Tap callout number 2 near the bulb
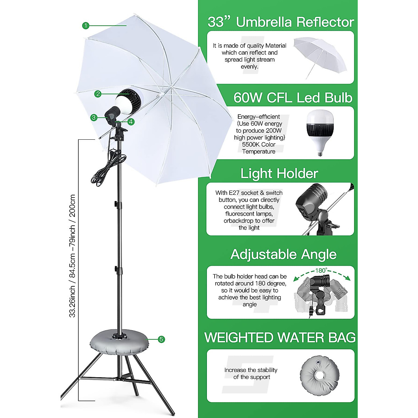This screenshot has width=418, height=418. (98, 94)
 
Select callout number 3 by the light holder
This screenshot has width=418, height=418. (93, 118)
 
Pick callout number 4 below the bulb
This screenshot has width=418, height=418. (131, 122)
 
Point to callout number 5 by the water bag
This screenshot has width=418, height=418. (161, 339)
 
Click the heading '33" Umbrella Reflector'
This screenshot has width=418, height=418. (281, 22)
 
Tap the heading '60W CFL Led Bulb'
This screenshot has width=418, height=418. (293, 98)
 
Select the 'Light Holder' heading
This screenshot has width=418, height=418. (279, 173)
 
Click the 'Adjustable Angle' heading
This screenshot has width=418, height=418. (284, 254)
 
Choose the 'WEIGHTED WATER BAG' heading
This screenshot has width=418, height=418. (280, 338)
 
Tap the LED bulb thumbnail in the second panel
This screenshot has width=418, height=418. (319, 133)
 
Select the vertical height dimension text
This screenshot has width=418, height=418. (72, 256)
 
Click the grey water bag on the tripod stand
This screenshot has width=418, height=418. (119, 342)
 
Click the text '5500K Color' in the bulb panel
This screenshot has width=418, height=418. (258, 145)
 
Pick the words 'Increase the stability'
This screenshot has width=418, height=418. (251, 370)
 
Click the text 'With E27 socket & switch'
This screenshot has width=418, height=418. (249, 193)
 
